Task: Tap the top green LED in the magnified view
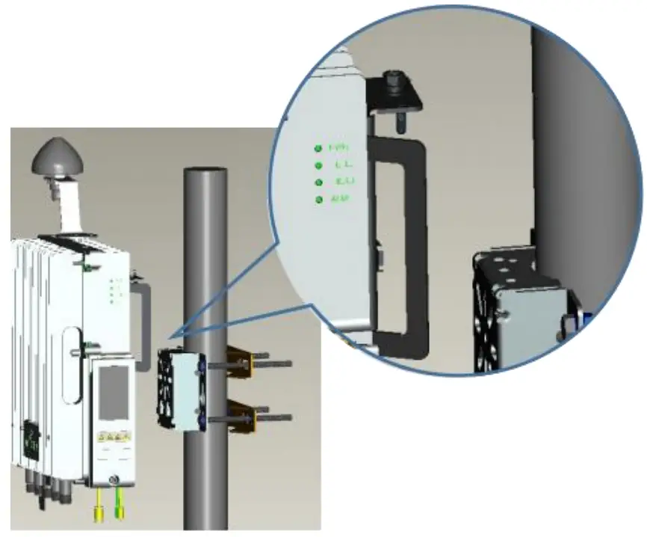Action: [x=318, y=147]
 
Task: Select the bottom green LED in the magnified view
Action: [x=320, y=200]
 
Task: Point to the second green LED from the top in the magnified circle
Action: [x=319, y=165]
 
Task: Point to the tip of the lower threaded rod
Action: [x=291, y=417]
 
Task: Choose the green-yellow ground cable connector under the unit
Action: [x=119, y=512]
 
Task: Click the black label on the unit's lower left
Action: [x=32, y=435]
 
